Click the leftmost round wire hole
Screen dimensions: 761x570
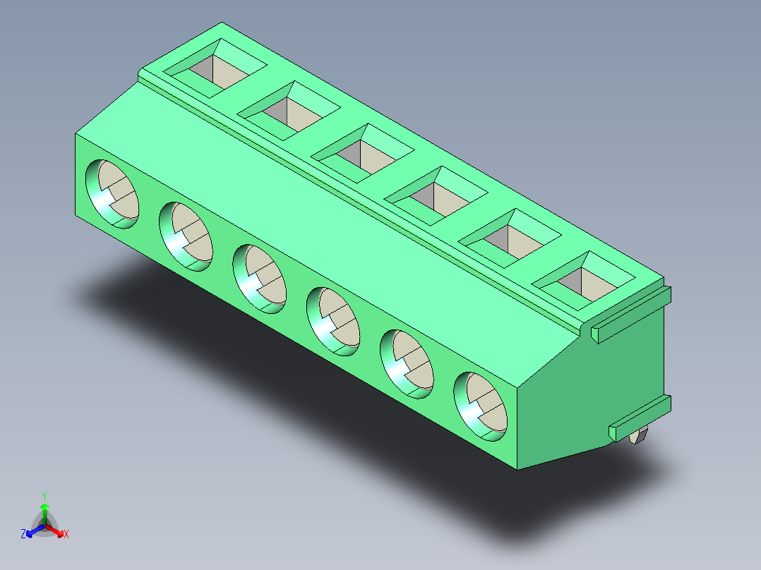coord(112,194)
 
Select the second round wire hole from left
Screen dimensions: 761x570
coord(186,237)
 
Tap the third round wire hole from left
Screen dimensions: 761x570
coord(260,279)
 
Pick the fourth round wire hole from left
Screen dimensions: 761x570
coord(333,322)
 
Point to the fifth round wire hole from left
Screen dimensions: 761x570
coord(407,364)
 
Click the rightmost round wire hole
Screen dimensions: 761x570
coord(481,406)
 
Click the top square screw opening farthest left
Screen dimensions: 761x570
coord(215,68)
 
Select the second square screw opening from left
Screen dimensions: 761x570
coord(289,111)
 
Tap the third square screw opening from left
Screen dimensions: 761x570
coord(363,153)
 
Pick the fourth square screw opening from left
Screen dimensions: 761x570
coord(436,196)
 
